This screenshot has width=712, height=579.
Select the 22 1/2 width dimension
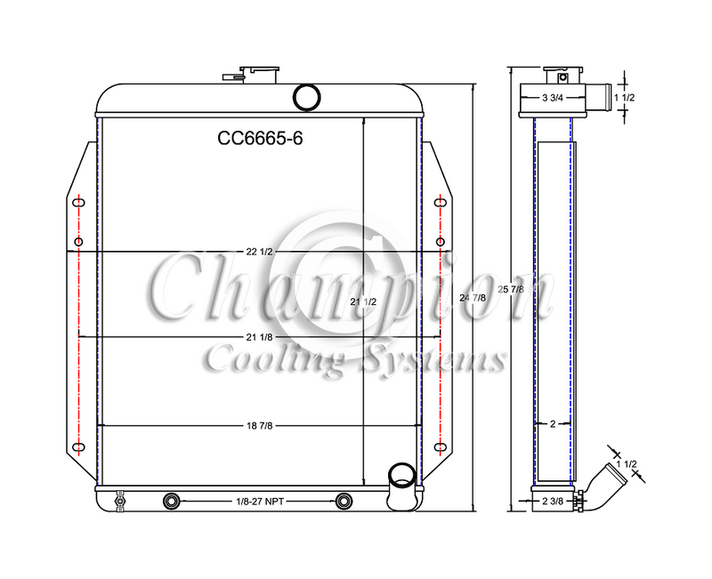coord(259,252)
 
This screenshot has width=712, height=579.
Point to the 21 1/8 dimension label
coord(259,336)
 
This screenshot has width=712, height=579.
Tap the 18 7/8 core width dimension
coord(259,426)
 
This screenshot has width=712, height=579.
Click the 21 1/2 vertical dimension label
coord(364,302)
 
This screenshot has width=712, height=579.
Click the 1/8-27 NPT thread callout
coord(258,503)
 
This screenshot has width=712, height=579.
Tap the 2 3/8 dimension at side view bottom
coord(553,503)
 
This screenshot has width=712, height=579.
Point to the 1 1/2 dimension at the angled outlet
coord(628,466)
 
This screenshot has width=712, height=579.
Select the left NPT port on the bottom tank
coord(171,502)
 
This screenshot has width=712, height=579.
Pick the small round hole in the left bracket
coord(79,243)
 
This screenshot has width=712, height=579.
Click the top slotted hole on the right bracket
coord(440,204)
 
